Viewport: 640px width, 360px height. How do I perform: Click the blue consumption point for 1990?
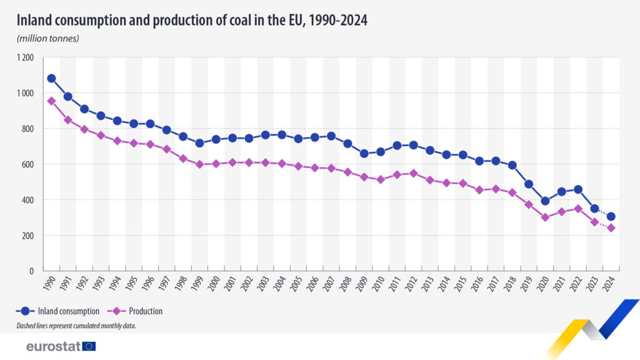pyautogui.click(x=51, y=79)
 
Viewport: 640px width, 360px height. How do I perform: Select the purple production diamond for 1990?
pyautogui.click(x=51, y=101)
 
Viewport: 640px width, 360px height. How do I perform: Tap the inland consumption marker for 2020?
pyautogui.click(x=545, y=201)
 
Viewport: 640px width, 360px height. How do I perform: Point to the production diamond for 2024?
pyautogui.click(x=611, y=228)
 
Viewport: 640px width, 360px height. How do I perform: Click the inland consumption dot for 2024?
pyautogui.click(x=611, y=217)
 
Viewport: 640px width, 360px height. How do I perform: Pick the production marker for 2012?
pyautogui.click(x=413, y=173)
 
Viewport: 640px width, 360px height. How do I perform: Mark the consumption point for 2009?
pyautogui.click(x=364, y=153)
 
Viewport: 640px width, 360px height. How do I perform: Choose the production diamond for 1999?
pyautogui.click(x=199, y=164)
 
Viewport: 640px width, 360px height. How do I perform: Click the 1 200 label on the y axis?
pyautogui.click(x=26, y=57)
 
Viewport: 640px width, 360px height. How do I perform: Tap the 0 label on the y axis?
pyautogui.click(x=32, y=271)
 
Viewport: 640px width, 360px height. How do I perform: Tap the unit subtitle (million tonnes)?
pyautogui.click(x=47, y=38)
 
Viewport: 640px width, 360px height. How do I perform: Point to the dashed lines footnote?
pyautogui.click(x=76, y=326)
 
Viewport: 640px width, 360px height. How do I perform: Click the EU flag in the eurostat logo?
pyautogui.click(x=89, y=346)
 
